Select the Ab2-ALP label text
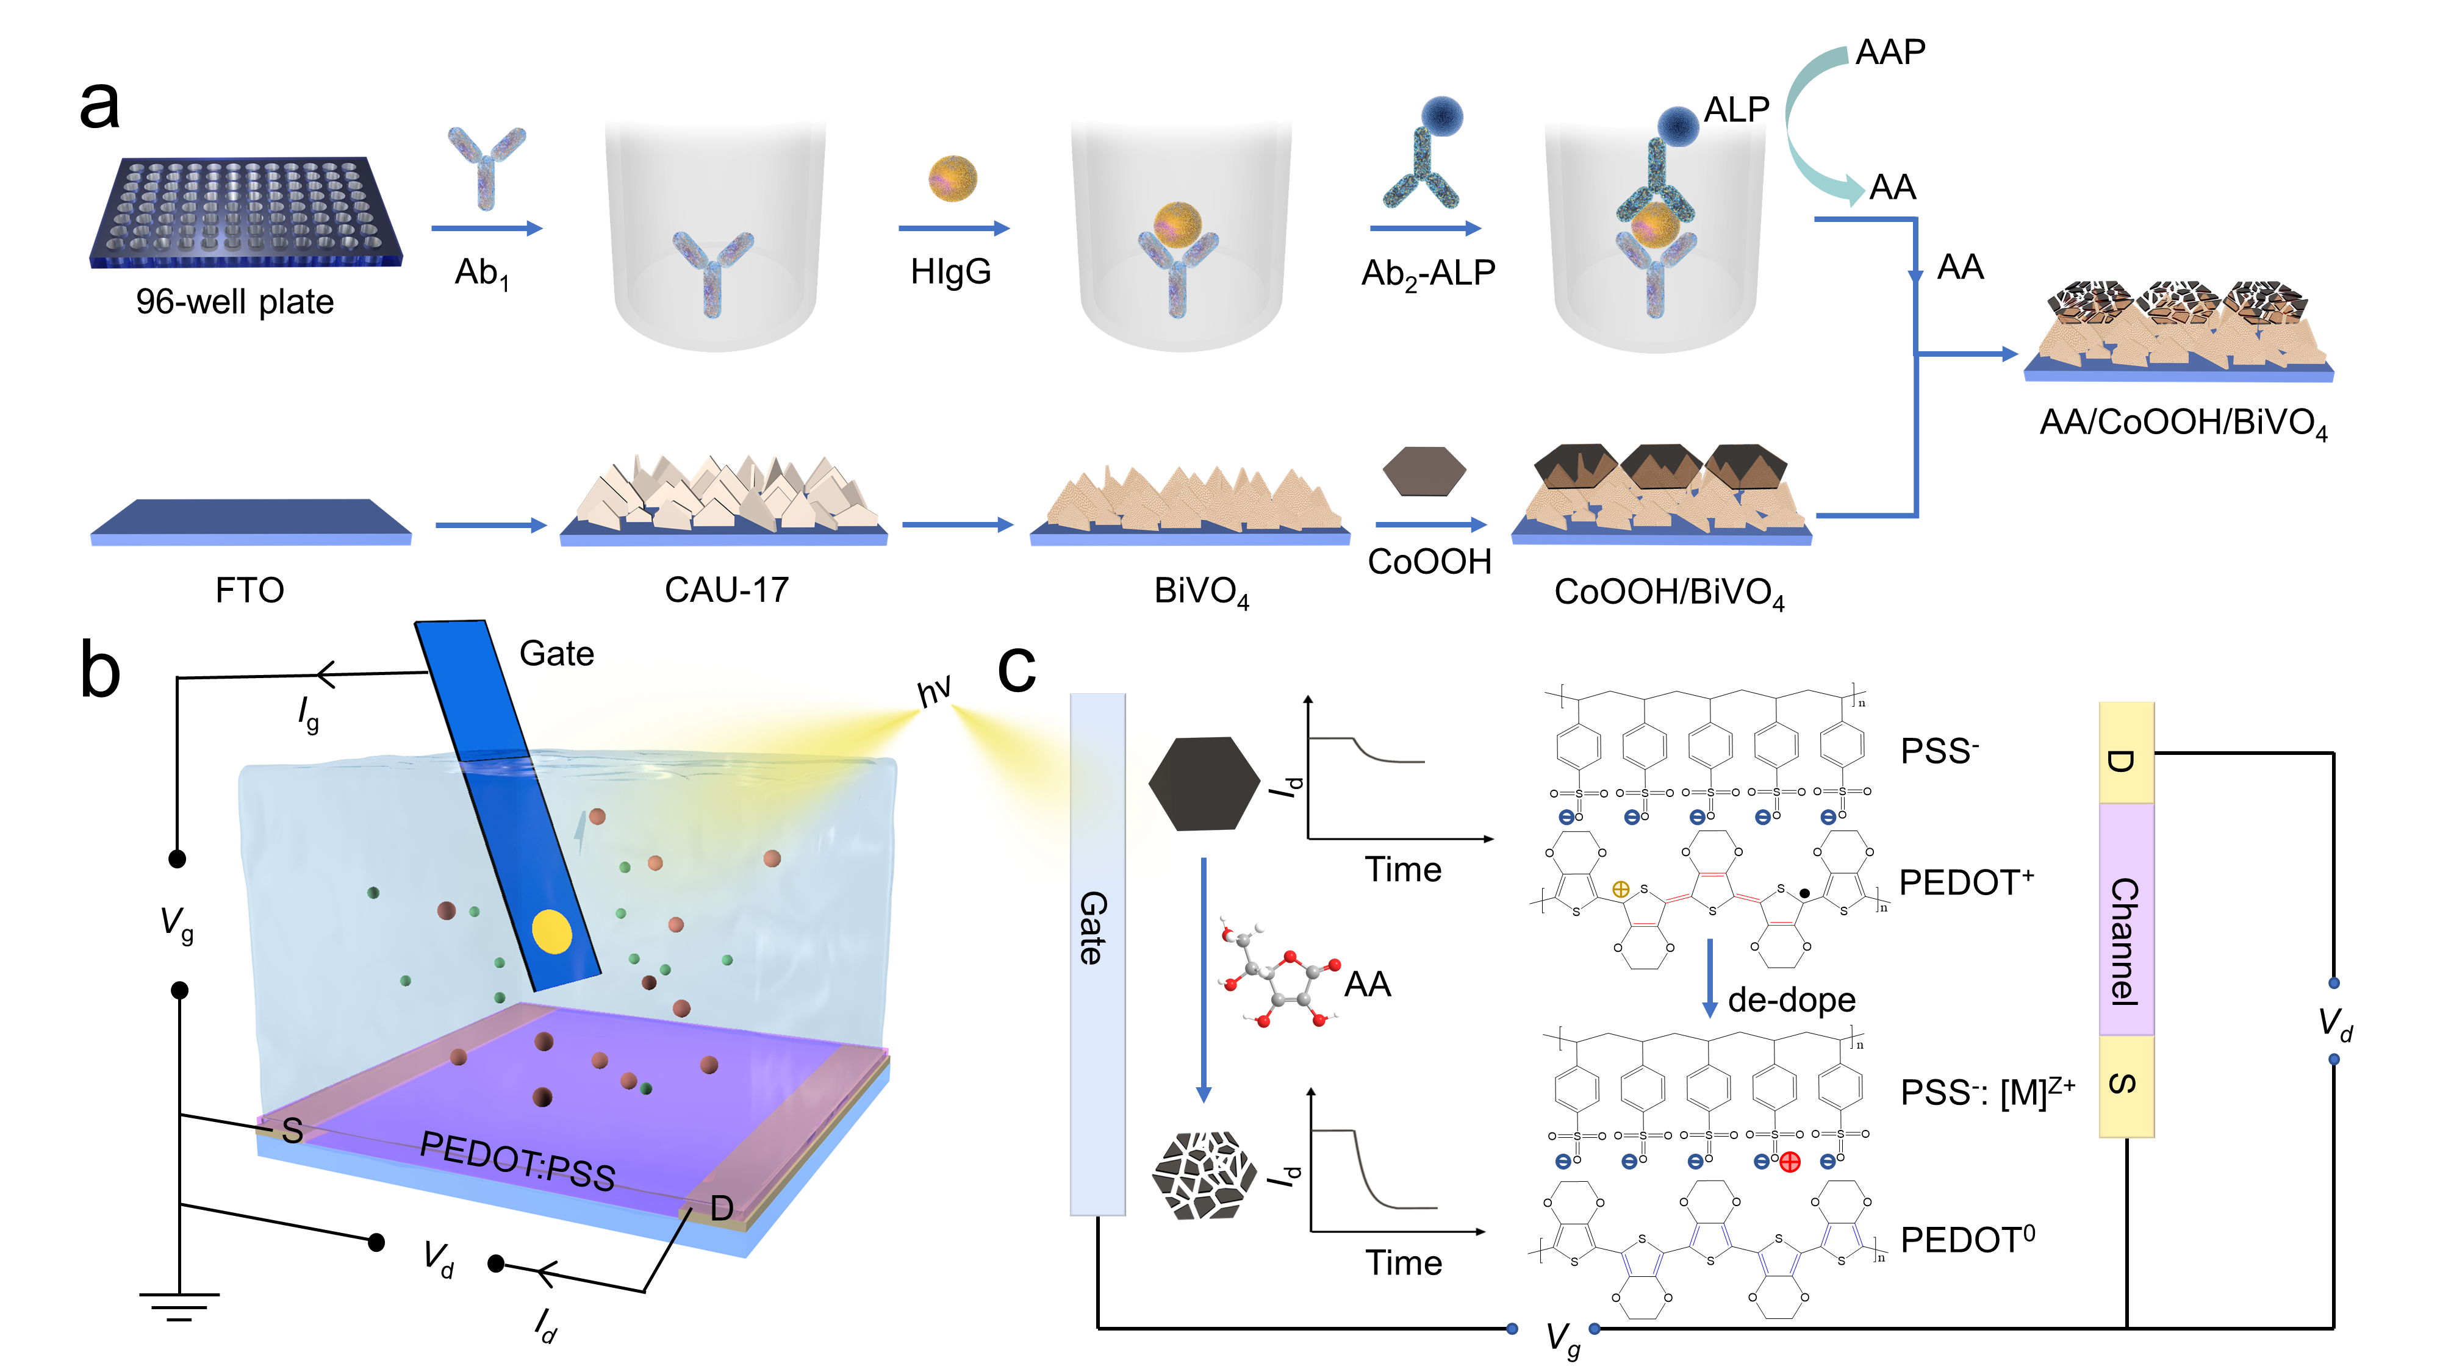[x=1427, y=274]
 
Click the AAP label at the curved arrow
[x=1890, y=52]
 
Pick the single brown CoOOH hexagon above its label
[x=1424, y=471]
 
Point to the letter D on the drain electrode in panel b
[x=722, y=1208]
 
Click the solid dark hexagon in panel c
[x=1204, y=784]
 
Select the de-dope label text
[x=1790, y=1000]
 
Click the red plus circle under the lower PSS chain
[x=1789, y=1162]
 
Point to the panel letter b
[x=101, y=670]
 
